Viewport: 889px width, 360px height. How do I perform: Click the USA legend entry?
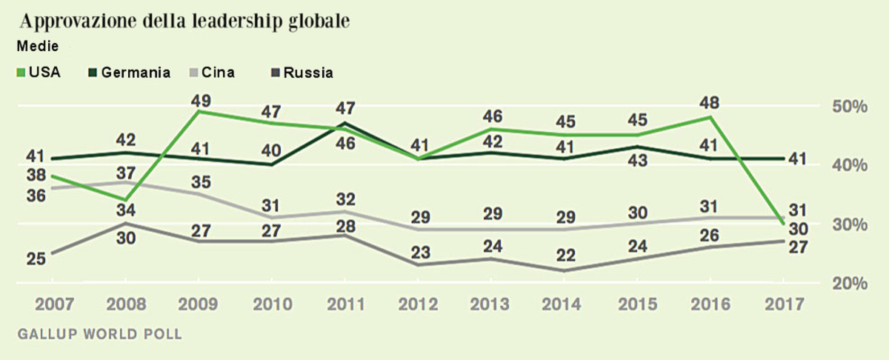(x=39, y=73)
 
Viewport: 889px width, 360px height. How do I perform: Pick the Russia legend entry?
(x=301, y=73)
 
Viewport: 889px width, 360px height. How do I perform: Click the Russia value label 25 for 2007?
(x=36, y=259)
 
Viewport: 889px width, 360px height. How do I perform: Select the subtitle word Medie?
(x=37, y=46)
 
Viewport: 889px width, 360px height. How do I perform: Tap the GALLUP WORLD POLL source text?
(x=99, y=333)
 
